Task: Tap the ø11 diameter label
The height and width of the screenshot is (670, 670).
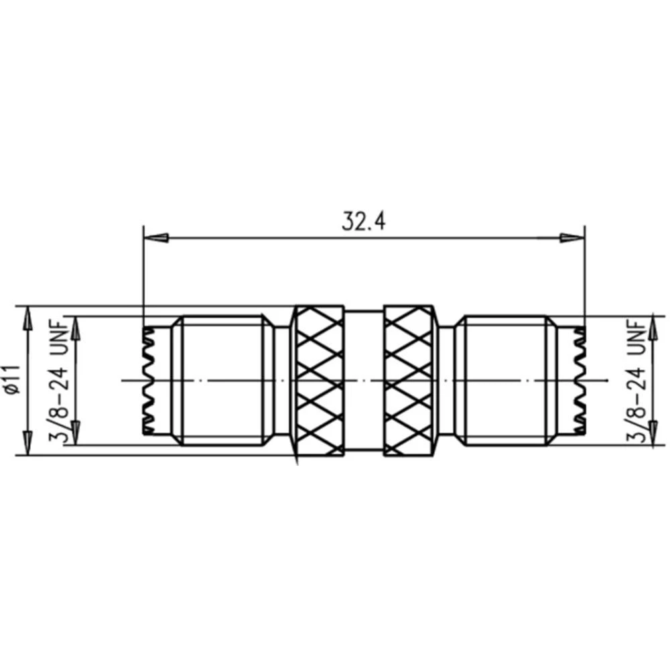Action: pyautogui.click(x=10, y=380)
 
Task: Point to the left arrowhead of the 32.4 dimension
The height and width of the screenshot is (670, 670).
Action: pyautogui.click(x=155, y=238)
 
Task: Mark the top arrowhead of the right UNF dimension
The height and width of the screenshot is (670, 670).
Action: pyautogui.click(x=653, y=325)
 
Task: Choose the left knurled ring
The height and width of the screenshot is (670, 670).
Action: pyautogui.click(x=320, y=381)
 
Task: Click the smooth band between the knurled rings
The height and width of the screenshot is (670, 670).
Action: pyautogui.click(x=364, y=381)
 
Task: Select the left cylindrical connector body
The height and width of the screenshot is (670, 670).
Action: pyautogui.click(x=221, y=381)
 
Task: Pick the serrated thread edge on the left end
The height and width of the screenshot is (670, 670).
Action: pyautogui.click(x=147, y=381)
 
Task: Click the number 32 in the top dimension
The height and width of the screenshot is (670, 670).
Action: pyautogui.click(x=352, y=220)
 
